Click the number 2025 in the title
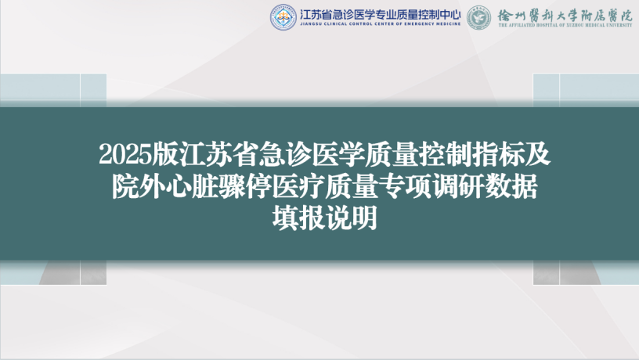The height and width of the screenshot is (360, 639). (x=125, y=155)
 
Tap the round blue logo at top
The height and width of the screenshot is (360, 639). (x=283, y=17)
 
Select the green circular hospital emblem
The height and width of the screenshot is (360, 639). (x=478, y=17)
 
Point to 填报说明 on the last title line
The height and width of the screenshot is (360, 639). (x=325, y=218)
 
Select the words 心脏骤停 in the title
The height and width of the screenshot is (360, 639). (x=218, y=186)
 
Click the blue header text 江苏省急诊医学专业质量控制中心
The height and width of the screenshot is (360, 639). (x=381, y=15)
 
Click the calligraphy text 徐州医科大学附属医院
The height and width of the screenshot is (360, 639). (x=565, y=16)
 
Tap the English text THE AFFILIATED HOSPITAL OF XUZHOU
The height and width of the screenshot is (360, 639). (x=546, y=25)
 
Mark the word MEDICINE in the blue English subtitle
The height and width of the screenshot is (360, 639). (x=448, y=24)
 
